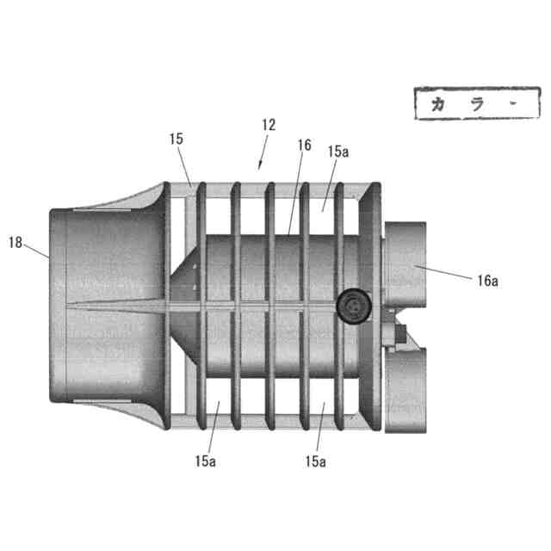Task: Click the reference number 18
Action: click(x=15, y=243)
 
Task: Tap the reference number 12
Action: click(x=268, y=125)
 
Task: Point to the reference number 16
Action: click(x=303, y=145)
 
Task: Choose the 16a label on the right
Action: click(x=486, y=280)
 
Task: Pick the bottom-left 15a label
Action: click(x=205, y=461)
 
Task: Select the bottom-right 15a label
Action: click(x=316, y=461)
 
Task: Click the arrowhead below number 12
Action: click(x=261, y=162)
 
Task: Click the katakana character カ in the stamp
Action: click(x=440, y=105)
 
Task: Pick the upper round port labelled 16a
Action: click(x=405, y=263)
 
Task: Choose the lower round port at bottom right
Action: click(x=405, y=379)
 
